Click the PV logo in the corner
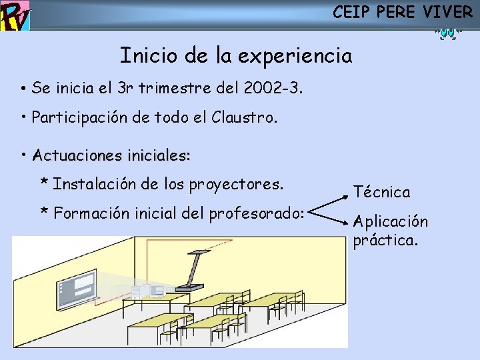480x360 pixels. click(15, 15)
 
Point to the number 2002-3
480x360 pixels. click(273, 87)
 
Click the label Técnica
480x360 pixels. click(381, 192)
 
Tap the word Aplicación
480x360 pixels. click(391, 221)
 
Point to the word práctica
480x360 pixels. click(385, 240)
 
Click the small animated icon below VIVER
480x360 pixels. click(446, 32)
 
